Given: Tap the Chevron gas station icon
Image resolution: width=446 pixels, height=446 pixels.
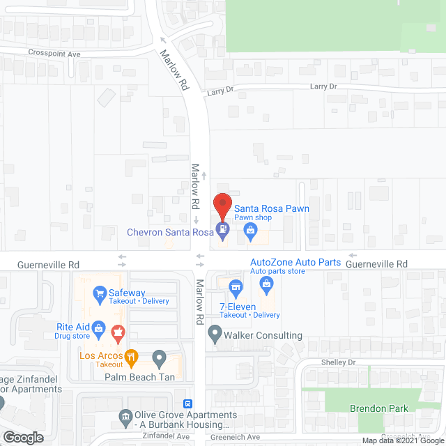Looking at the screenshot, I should point(222,227).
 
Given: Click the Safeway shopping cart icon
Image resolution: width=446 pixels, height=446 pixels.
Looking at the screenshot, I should point(100,293).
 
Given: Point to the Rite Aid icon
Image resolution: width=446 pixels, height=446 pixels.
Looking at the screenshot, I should point(100,327).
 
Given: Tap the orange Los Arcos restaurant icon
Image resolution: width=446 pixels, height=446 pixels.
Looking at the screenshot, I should point(130,356).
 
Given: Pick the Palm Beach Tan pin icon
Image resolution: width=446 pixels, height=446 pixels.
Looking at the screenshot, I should point(159,359).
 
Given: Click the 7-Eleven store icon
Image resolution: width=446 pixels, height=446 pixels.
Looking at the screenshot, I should point(236,286).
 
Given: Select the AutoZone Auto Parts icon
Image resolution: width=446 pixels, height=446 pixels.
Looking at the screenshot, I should point(266,283).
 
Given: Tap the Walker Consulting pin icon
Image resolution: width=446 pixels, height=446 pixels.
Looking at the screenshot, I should point(213,336).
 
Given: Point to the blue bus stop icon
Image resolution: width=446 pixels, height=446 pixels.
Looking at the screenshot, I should point(187,403).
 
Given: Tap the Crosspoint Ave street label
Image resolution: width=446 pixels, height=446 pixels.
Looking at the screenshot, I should point(55,52).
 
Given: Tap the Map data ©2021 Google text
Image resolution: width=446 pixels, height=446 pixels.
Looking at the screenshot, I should point(402,440).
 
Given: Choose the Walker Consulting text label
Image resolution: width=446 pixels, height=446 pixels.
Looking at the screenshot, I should point(263,335).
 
